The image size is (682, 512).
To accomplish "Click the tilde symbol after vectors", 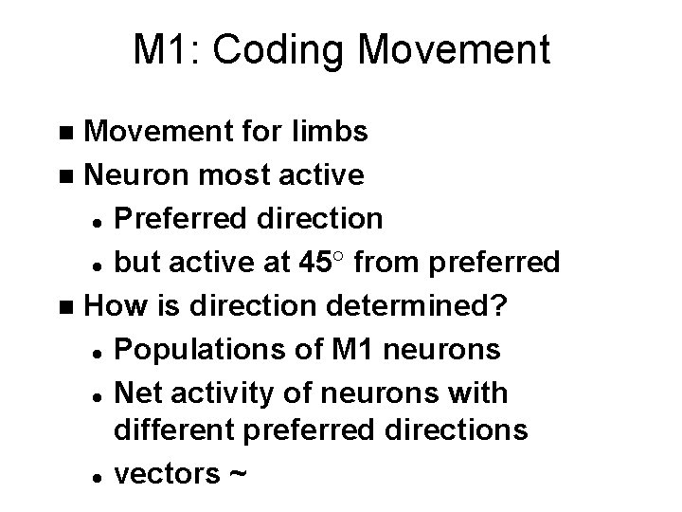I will click(237, 474).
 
